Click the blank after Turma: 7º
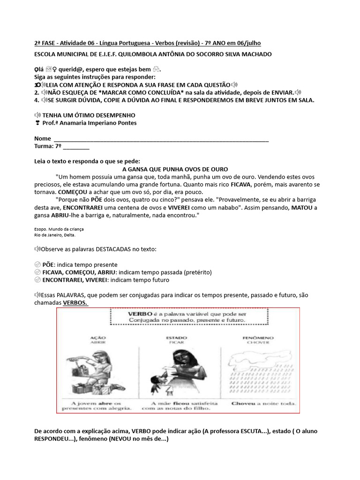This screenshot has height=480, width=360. tap(75, 146)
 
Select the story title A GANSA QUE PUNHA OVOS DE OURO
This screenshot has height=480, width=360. tap(175, 169)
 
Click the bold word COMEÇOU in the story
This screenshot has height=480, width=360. tap(73, 192)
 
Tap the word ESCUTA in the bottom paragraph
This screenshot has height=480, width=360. tap(237, 431)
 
